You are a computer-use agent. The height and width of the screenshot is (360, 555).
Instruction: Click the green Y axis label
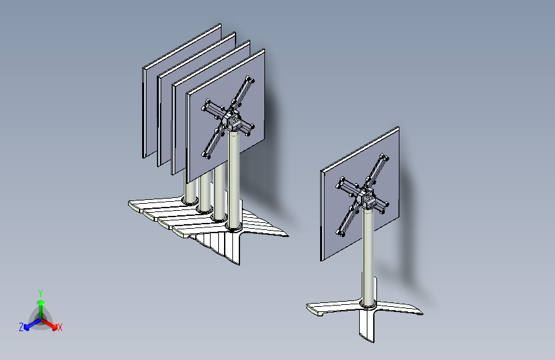click(x=40, y=293)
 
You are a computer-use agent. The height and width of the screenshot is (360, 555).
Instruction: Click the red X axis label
click(x=60, y=328)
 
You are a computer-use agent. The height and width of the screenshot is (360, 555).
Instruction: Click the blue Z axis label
click(x=21, y=327)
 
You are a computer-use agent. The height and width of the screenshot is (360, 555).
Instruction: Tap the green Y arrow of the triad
click(x=41, y=310)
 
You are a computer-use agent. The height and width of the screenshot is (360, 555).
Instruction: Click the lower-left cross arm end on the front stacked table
click(x=206, y=154)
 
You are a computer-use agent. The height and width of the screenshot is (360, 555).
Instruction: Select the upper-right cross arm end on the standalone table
click(x=383, y=158)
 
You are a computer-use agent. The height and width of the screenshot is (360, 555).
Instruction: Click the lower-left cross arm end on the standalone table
click(x=341, y=232)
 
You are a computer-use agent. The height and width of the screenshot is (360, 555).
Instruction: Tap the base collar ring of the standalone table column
click(x=368, y=304)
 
